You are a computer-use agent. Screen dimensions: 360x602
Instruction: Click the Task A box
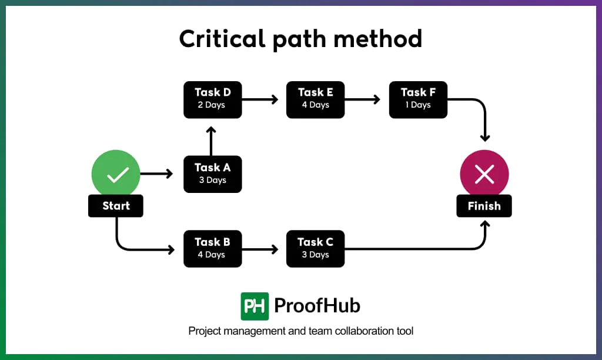click(x=212, y=174)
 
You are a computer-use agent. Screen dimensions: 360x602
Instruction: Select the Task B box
click(x=212, y=248)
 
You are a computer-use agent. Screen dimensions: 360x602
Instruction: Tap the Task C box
click(x=315, y=248)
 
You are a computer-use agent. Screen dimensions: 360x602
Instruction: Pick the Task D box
click(x=212, y=99)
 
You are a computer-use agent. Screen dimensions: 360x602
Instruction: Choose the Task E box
click(x=315, y=99)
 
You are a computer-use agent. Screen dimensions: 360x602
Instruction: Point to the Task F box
click(x=417, y=99)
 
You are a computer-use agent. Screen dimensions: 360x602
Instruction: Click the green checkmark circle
click(x=116, y=174)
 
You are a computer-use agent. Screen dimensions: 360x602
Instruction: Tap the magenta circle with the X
click(x=484, y=174)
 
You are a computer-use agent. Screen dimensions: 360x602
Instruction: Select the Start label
click(x=116, y=206)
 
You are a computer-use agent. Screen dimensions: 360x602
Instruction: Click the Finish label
click(x=484, y=206)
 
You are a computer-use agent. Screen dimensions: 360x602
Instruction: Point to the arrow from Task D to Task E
click(x=260, y=99)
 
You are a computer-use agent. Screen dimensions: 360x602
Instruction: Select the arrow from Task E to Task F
click(x=363, y=99)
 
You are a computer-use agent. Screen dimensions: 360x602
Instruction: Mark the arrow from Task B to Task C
click(x=260, y=249)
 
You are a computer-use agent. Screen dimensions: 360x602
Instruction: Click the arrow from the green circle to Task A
click(x=156, y=174)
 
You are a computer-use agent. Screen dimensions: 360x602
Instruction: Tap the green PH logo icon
click(x=255, y=306)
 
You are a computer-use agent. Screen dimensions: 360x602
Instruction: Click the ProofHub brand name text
click(x=317, y=306)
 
